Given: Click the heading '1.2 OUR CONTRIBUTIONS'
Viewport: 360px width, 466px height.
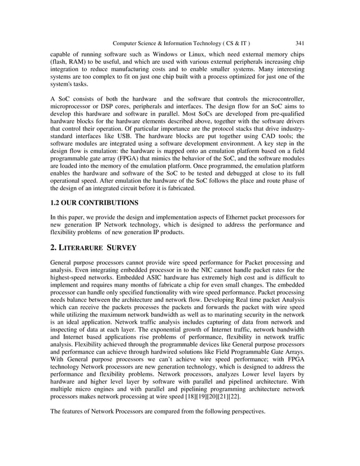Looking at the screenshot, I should [94, 202].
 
